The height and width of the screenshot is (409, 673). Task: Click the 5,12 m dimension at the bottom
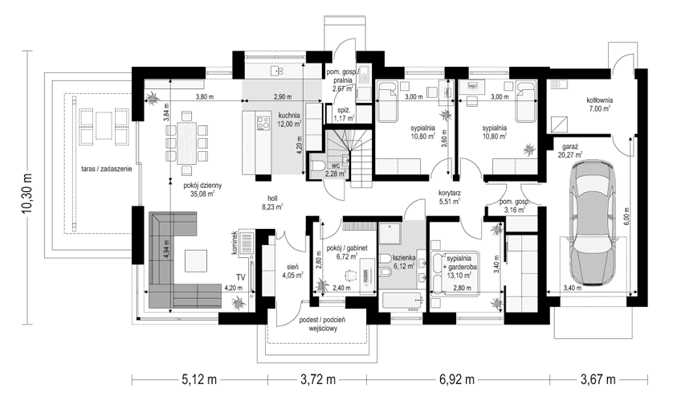[x=197, y=378]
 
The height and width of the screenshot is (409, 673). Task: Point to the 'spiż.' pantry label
[x=344, y=112]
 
